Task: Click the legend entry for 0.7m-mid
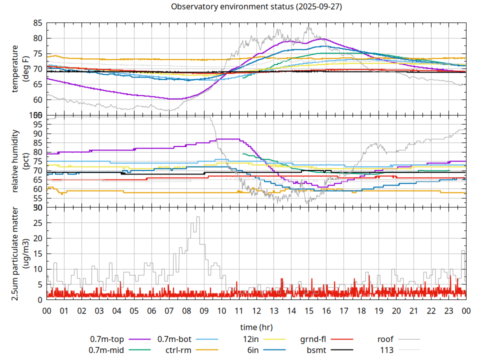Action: point(106,350)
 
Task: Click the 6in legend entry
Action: point(252,350)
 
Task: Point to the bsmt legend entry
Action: point(317,350)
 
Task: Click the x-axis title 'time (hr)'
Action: point(256,327)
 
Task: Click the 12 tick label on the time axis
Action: point(256,310)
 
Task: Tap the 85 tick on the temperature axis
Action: point(38,23)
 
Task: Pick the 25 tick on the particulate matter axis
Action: point(38,223)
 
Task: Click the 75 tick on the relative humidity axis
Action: point(38,161)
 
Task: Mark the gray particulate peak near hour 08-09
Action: point(198,217)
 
